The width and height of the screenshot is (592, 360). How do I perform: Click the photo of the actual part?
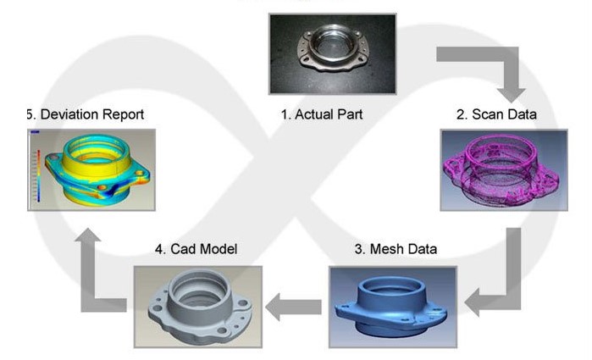pyautogui.click(x=320, y=53)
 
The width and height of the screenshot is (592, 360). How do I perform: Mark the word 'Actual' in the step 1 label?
pyautogui.click(x=315, y=114)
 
